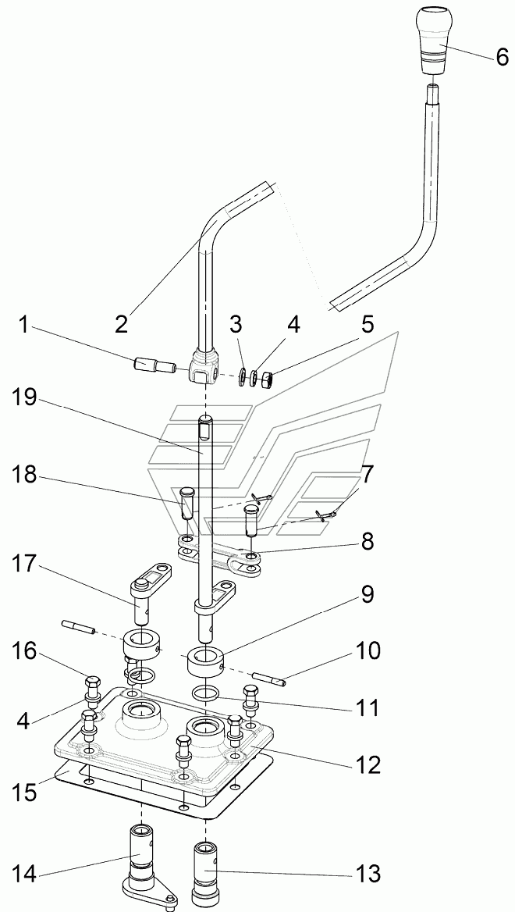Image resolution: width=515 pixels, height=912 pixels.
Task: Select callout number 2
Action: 121,323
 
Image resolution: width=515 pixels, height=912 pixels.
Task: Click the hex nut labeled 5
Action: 266,379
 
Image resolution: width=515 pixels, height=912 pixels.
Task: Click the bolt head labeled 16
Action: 92,681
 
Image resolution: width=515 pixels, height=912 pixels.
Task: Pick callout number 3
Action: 236,325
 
